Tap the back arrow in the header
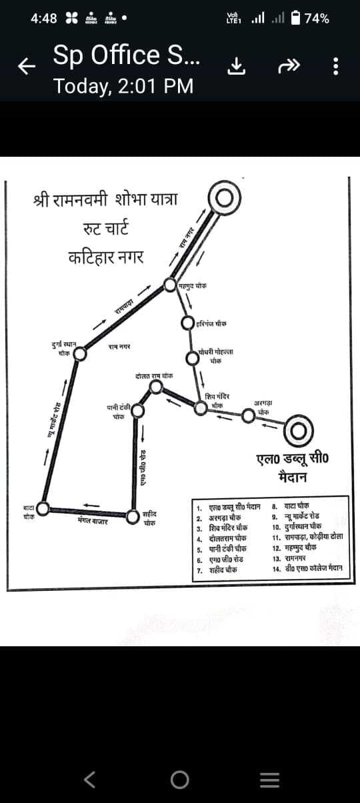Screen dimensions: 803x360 (x=26, y=65)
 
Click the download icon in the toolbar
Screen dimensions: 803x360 (x=235, y=65)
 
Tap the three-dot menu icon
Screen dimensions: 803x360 (x=336, y=65)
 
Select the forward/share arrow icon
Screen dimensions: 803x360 (x=286, y=65)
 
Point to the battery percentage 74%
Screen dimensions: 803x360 (x=316, y=19)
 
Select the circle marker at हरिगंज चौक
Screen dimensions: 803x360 (x=190, y=323)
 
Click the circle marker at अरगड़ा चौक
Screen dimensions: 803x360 (x=249, y=416)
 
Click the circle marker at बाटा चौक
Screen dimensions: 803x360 (x=42, y=509)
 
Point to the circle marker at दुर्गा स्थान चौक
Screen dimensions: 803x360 (x=79, y=353)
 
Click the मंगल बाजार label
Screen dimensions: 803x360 (x=93, y=520)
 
